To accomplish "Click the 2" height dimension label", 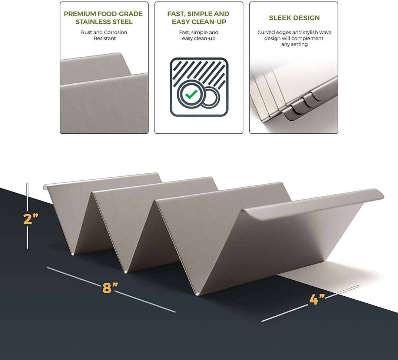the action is coord(31,219).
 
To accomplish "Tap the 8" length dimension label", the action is coord(110,287).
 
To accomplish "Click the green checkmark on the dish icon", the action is coord(191,94).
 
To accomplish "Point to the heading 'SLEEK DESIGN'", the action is coord(294,18).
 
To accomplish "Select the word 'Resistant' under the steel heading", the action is coord(105,38).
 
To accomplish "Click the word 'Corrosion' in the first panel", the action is coord(116,32).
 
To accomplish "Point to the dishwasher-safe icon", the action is coord(199,87).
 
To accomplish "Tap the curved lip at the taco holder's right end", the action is coord(315,204).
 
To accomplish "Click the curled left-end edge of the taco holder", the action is coord(45,187).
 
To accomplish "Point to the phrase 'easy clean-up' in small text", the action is coord(199,39).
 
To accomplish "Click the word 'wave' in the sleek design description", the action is coord(325,32).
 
